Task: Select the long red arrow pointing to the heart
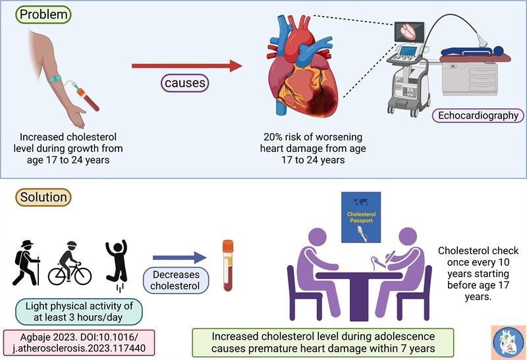coord(185,66)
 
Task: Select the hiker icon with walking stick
coord(27,263)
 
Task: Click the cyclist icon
coord(69,265)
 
